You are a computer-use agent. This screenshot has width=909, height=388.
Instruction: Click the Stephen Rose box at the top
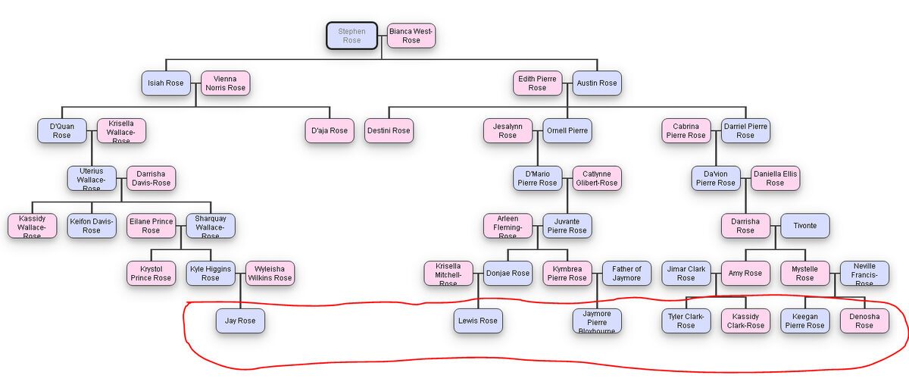351,36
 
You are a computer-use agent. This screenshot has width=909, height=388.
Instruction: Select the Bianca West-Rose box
411,36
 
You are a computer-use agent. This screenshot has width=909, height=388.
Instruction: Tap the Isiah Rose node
166,83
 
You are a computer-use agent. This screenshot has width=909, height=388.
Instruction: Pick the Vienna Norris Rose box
225,83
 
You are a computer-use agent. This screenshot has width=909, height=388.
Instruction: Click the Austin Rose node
597,83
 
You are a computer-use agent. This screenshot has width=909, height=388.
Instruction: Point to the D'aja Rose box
330,130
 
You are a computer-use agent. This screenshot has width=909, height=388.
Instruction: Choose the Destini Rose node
389,130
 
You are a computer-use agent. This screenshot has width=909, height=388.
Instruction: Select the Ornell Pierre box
567,130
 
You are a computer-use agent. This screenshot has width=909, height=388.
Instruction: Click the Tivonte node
804,225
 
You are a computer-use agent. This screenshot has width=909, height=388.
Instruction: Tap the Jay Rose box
240,321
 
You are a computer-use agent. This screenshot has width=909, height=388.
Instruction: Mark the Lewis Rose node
478,321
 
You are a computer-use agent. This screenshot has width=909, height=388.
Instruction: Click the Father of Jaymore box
626,273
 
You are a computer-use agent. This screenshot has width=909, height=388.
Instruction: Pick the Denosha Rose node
864,321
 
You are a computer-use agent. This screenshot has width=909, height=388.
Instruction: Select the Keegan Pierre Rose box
804,321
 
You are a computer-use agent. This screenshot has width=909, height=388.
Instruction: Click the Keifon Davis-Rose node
92,225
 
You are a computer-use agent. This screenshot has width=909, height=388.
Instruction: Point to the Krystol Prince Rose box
151,273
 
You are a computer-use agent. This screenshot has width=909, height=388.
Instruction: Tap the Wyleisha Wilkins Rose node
270,273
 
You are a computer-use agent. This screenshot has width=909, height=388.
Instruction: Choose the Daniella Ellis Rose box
775,178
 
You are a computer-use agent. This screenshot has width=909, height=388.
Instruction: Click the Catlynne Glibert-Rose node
597,178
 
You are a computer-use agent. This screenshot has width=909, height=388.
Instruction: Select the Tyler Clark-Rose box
686,321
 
